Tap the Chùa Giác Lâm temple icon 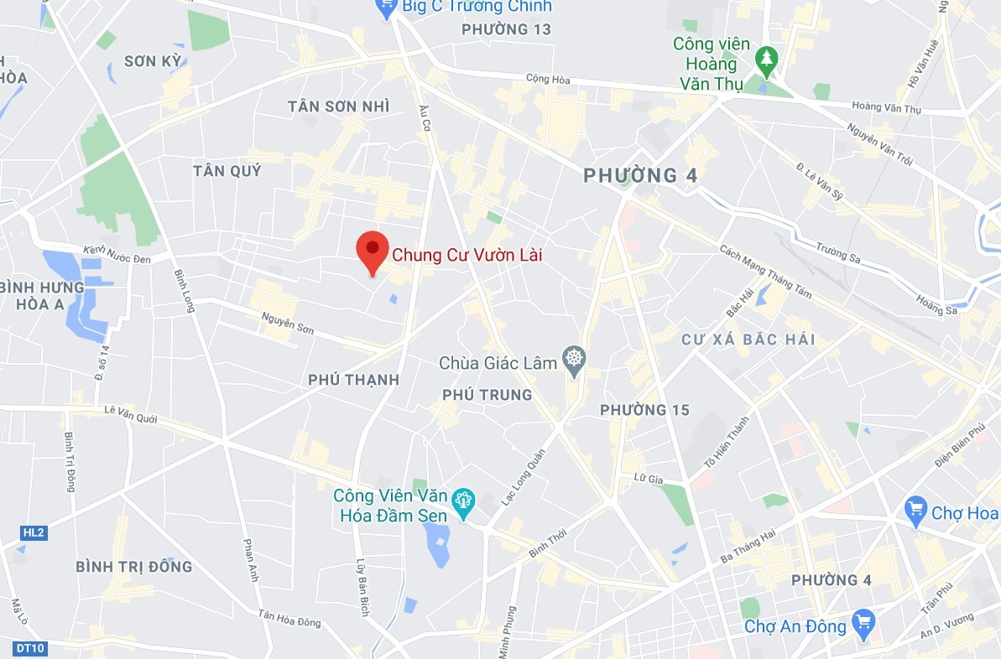[x=574, y=361]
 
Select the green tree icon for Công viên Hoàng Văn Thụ [x=765, y=59]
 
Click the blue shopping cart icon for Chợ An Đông [x=862, y=622]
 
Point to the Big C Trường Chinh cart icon [x=387, y=8]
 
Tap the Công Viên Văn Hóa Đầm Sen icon [x=461, y=501]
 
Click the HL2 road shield [x=32, y=532]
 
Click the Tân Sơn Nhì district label [x=338, y=106]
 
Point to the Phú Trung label [x=487, y=394]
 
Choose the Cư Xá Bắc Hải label [x=748, y=340]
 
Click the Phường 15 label [x=644, y=410]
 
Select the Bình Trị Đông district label [x=133, y=566]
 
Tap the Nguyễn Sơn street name [x=288, y=323]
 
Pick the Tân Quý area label [x=227, y=170]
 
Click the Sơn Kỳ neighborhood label [x=152, y=60]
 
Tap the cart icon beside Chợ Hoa [x=915, y=508]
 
